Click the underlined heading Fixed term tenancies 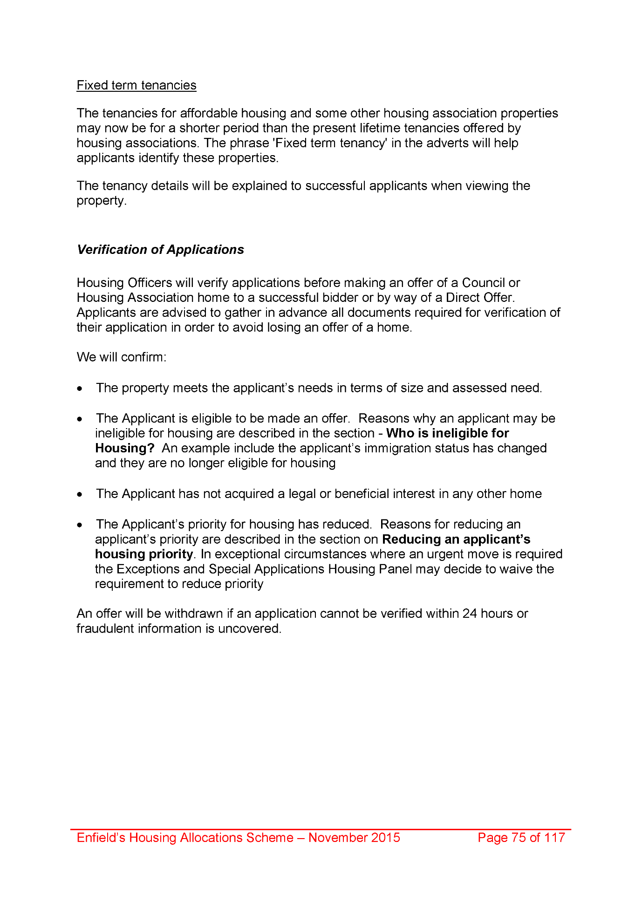pyautogui.click(x=137, y=85)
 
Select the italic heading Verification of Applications pyautogui.click(x=160, y=250)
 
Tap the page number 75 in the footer pyautogui.click(x=519, y=838)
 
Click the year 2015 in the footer pyautogui.click(x=385, y=838)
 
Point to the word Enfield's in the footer pyautogui.click(x=101, y=838)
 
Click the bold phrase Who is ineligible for pyautogui.click(x=447, y=433)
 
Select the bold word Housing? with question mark pyautogui.click(x=124, y=448)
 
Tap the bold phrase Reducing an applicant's pyautogui.click(x=456, y=539)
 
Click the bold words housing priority pyautogui.click(x=144, y=554)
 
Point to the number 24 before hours pyautogui.click(x=470, y=614)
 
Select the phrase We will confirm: pyautogui.click(x=122, y=357)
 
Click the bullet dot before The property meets pyautogui.click(x=81, y=389)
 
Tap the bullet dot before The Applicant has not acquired pyautogui.click(x=81, y=494)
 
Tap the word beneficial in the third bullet pyautogui.click(x=362, y=494)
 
